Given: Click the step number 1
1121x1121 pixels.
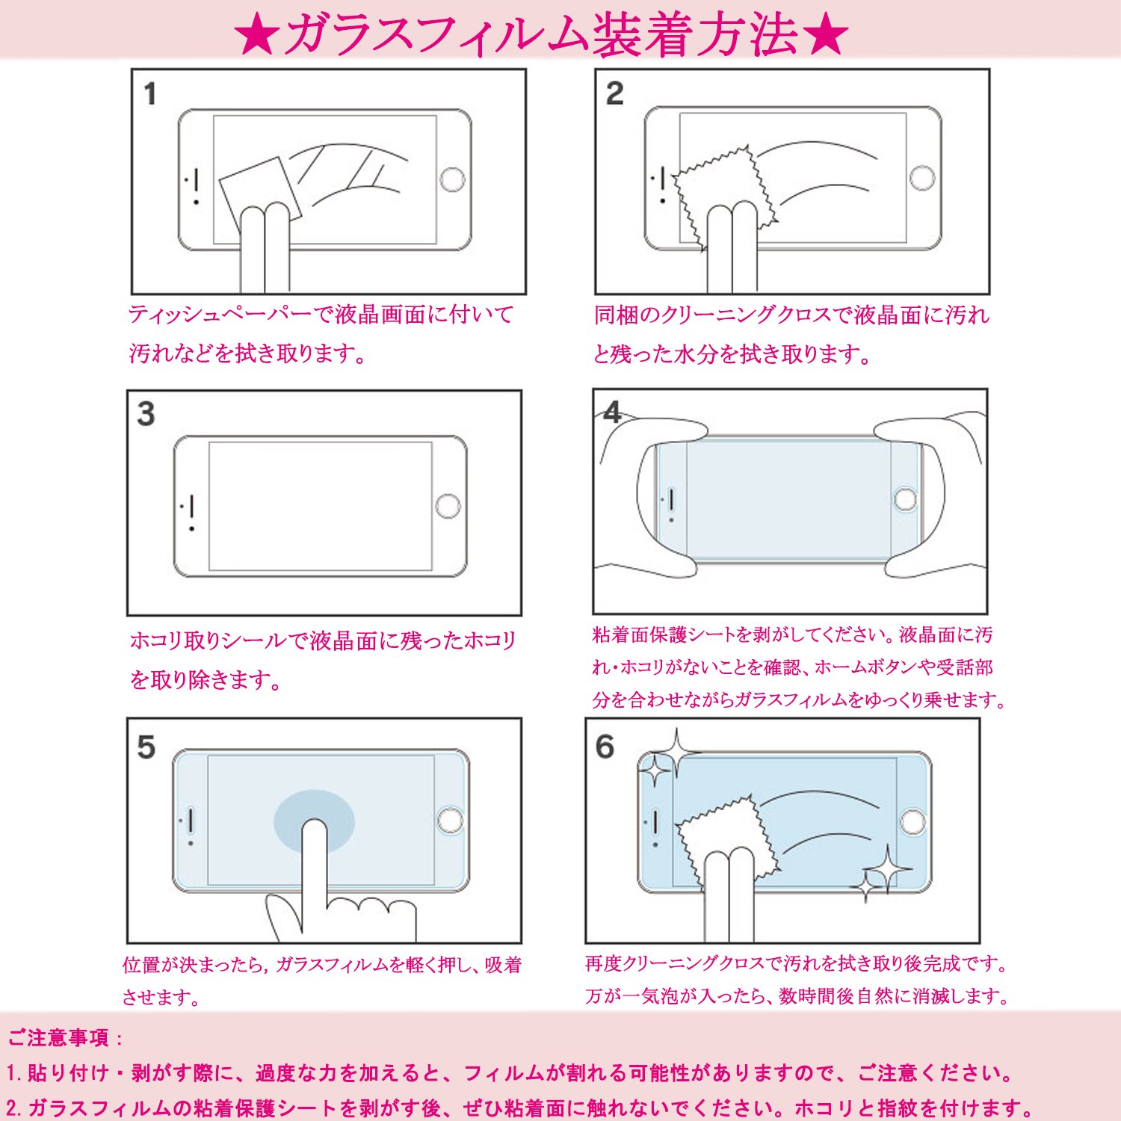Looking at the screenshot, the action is coord(150,94).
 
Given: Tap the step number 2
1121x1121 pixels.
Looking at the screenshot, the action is coord(614,93).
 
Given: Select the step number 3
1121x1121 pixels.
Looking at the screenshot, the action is coord(146,414).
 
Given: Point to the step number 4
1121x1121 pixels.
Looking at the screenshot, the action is coord(612,412).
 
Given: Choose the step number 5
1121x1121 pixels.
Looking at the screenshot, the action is coord(146,747).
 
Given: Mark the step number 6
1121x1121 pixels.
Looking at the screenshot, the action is coord(605,747).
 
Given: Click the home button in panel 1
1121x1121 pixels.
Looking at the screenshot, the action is coord(452,179).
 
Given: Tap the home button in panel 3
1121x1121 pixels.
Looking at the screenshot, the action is coord(448,506).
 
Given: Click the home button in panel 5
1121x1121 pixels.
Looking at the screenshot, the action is coord(450,820).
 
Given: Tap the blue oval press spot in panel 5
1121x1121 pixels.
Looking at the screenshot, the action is coord(315,821).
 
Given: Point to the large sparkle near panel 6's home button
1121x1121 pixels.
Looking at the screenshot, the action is coord(887,869).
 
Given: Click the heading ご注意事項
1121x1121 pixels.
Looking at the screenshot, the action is coord(58,1037).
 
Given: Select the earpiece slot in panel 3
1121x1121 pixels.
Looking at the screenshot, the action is coord(193,505).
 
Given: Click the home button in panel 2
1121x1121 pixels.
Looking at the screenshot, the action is coord(922,178).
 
